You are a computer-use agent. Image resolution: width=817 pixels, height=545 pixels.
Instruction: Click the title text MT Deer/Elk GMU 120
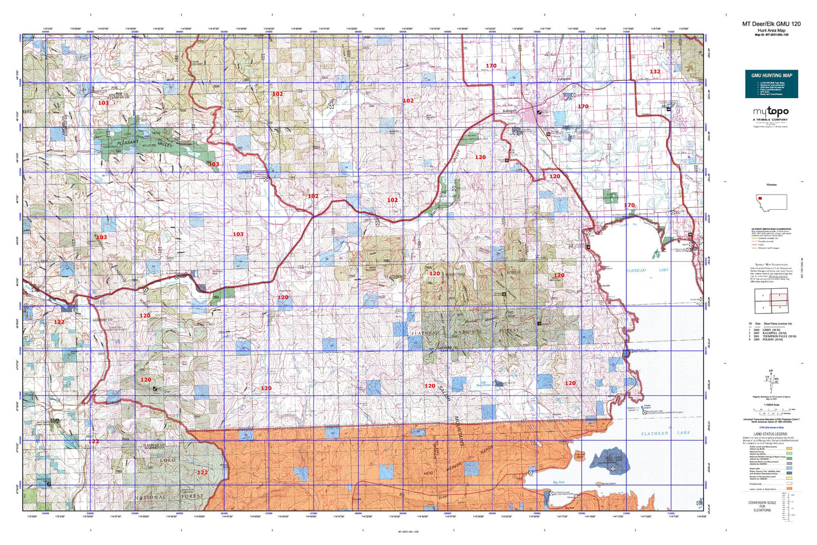click(771, 24)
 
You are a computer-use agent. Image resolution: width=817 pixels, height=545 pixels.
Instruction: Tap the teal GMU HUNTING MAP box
click(771, 83)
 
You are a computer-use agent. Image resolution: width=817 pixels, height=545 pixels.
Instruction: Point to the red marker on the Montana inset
click(760, 198)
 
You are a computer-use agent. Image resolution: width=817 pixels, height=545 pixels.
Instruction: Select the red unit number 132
click(655, 71)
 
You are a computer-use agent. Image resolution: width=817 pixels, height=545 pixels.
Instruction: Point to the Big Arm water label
click(558, 482)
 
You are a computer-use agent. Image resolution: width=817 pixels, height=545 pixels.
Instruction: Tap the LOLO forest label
click(167, 461)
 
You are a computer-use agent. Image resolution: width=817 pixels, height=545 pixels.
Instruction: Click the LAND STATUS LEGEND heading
click(771, 434)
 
